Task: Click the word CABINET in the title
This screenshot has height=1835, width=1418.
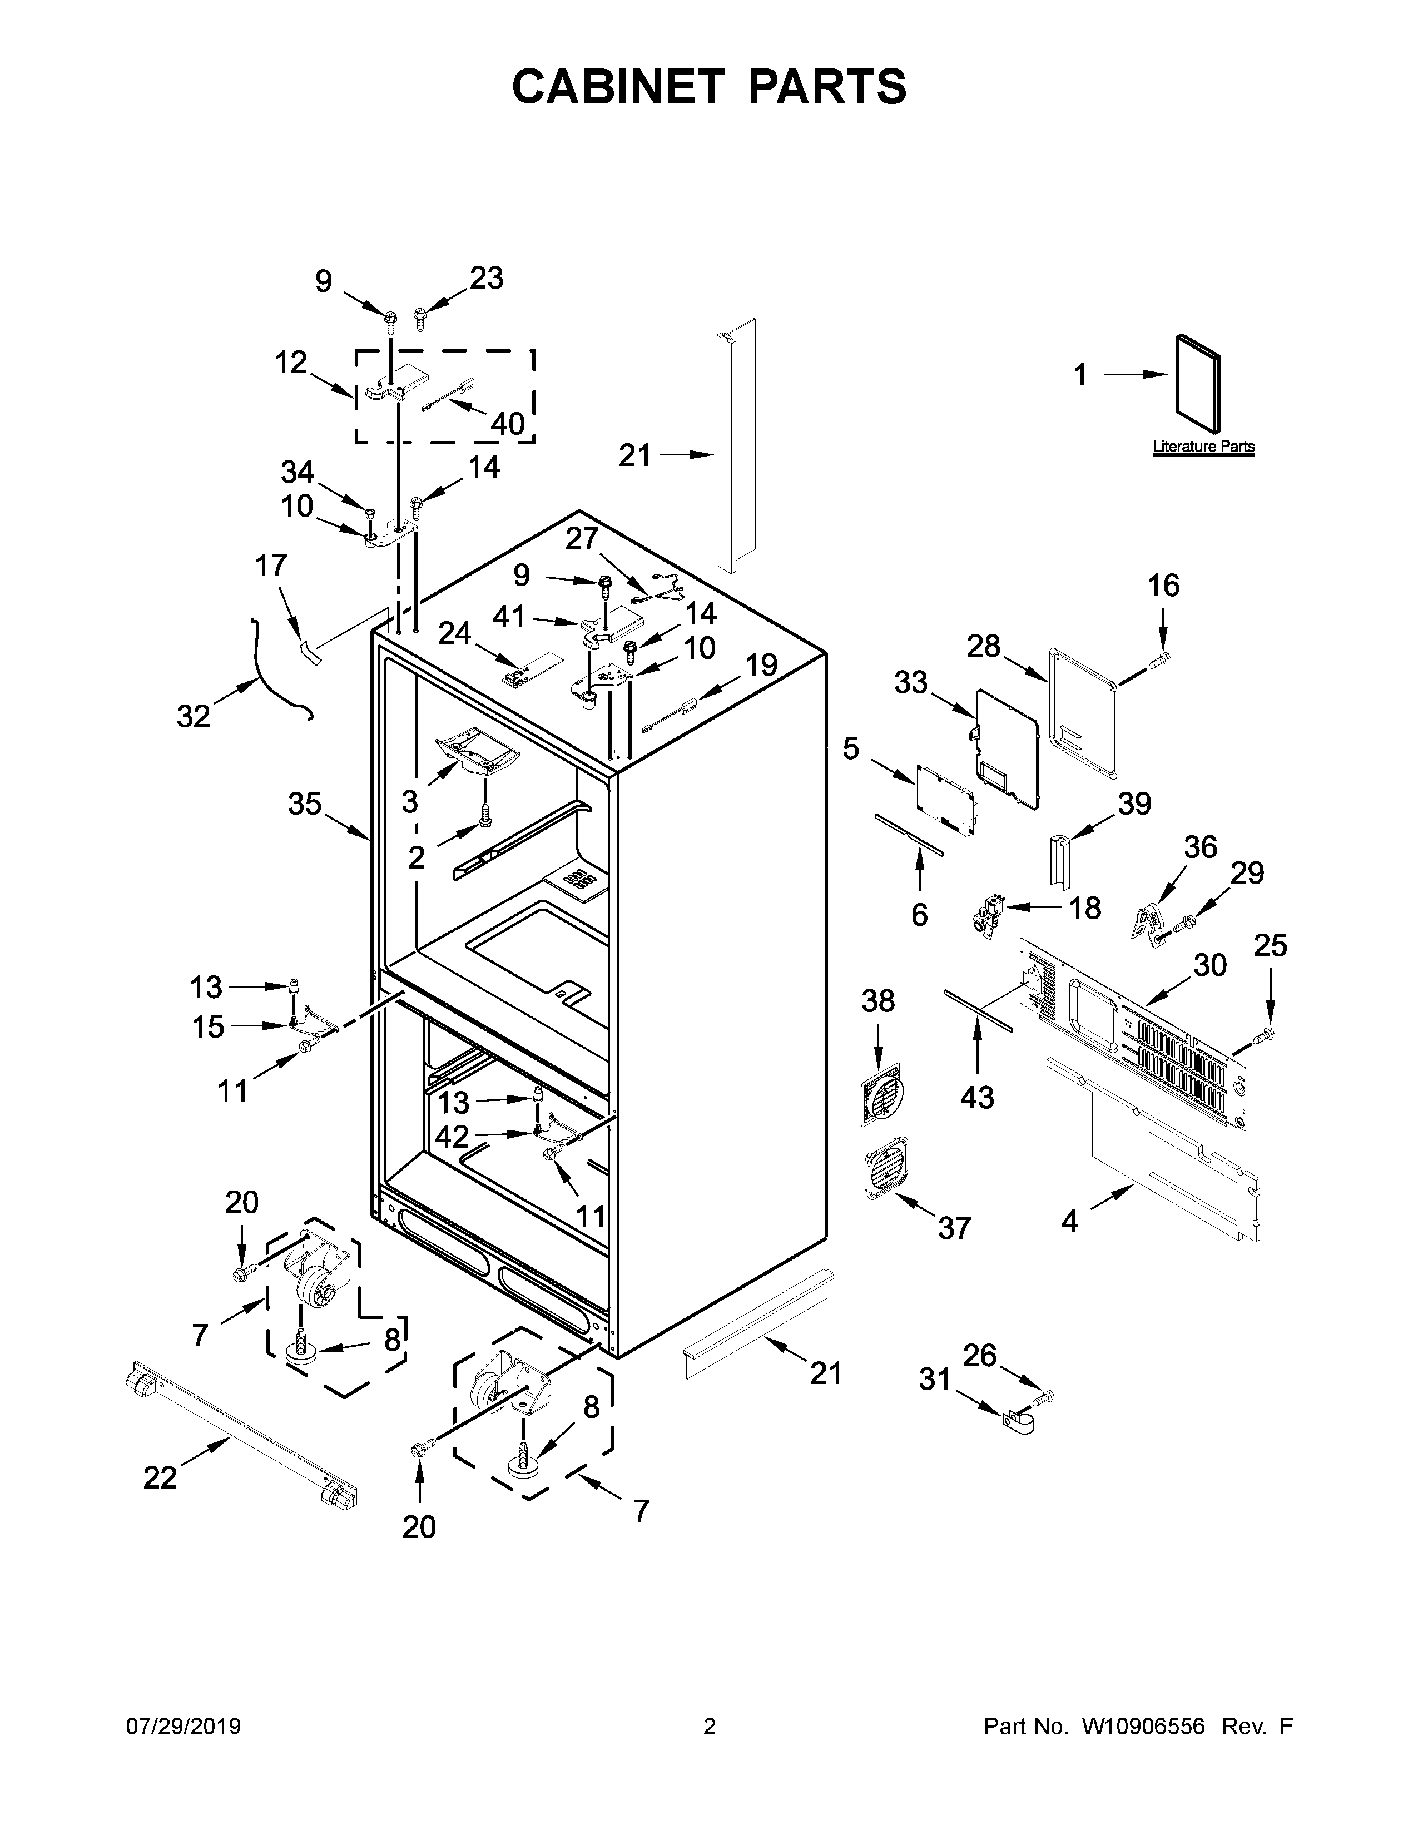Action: [x=617, y=87]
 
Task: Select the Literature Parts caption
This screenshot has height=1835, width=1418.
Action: [x=1203, y=447]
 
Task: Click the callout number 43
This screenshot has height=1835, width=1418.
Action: [x=977, y=1097]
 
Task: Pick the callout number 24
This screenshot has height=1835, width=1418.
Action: [x=454, y=633]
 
